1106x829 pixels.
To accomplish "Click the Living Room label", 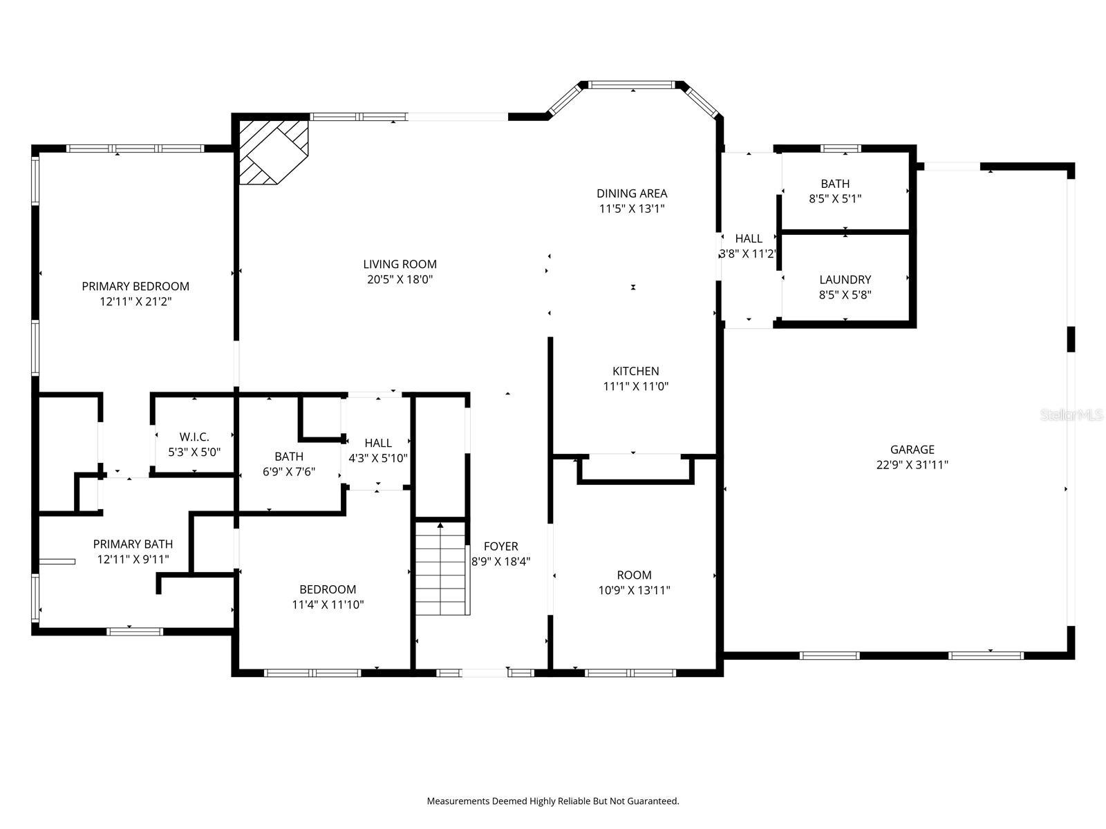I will coord(400,264).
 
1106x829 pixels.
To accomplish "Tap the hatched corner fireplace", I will coord(272,152).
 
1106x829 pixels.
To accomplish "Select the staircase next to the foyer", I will coord(441,569).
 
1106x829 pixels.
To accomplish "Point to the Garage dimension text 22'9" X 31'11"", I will coord(912,465).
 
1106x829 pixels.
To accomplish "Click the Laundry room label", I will coord(845,280).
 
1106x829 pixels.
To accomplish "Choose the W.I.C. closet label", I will coord(194,437).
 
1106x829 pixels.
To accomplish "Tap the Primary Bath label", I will coord(133,544).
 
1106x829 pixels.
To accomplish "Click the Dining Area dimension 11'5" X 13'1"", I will coord(631,209).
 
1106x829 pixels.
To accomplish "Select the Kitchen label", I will coord(635,371).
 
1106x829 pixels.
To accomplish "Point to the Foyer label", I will coord(500,546).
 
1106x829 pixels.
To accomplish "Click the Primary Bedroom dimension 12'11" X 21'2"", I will coord(135,301).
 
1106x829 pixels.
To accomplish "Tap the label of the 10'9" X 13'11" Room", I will coord(634,575).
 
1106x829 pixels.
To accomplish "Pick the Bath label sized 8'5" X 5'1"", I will coord(835,184).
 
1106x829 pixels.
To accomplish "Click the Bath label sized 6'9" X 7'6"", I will coord(289,457).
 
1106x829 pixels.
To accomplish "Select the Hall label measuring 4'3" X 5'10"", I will coord(378,443).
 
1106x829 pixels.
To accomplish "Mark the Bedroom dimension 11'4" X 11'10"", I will coord(328,604).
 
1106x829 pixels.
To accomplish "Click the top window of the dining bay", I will coord(632,85).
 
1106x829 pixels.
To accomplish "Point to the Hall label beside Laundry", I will coord(749,238).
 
